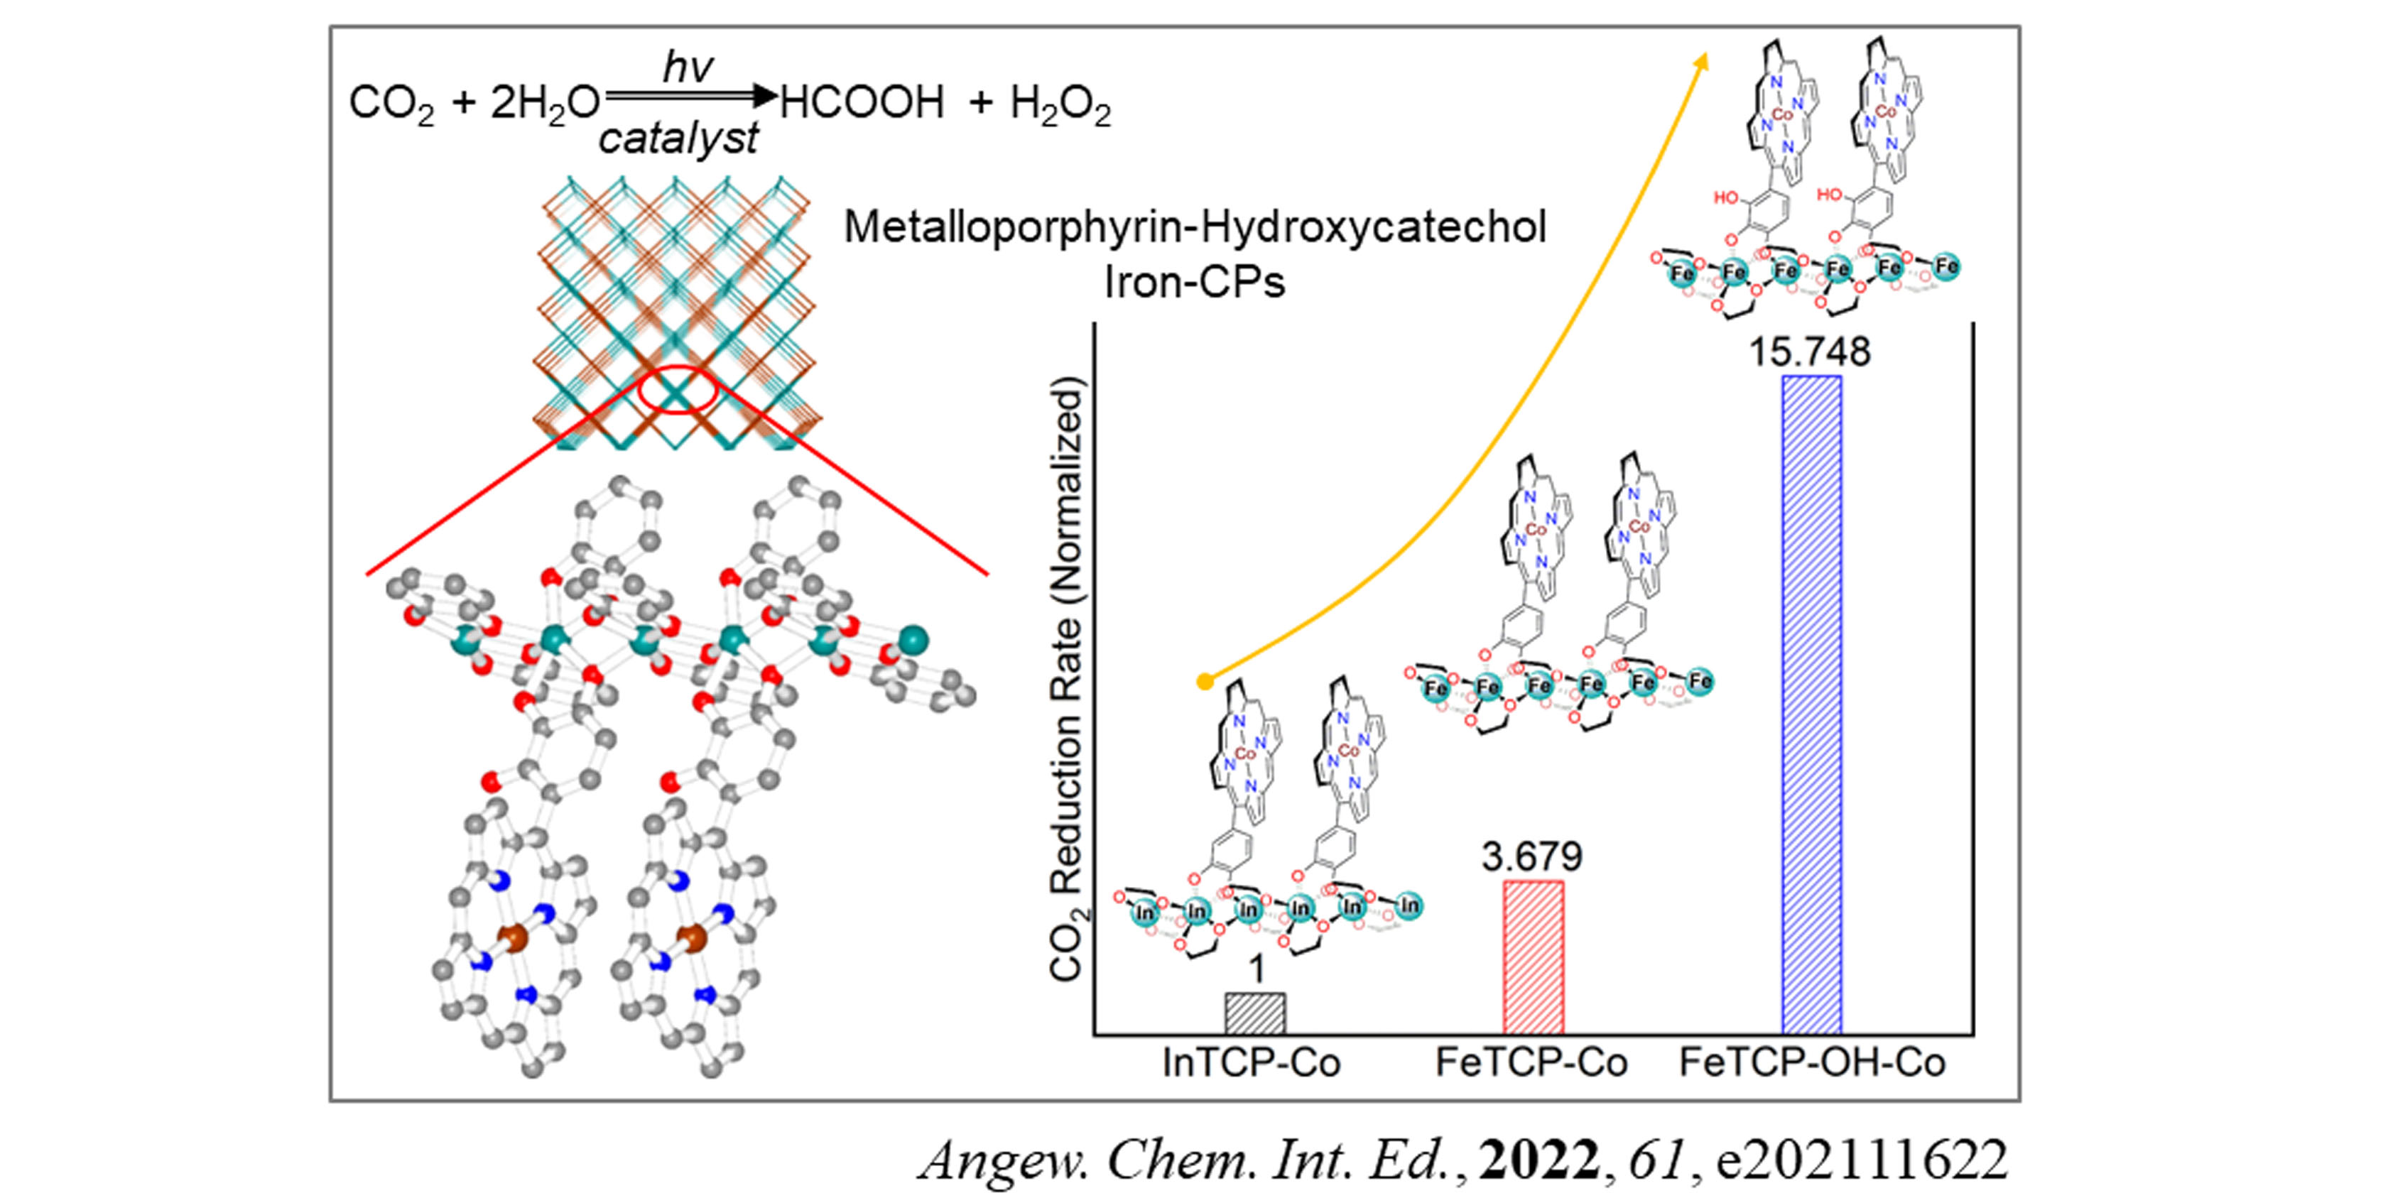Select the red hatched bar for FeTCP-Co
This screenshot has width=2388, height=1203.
1534,957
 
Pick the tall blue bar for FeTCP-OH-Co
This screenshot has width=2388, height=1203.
1811,704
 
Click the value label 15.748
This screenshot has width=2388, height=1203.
1810,352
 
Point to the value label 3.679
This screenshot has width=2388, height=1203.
1531,856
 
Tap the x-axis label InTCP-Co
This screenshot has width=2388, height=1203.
1252,1063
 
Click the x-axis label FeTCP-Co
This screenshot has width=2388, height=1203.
1531,1063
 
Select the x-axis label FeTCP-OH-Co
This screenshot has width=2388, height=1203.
1813,1063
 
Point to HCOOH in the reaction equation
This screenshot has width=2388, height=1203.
862,102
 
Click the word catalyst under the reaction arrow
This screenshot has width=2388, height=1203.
678,139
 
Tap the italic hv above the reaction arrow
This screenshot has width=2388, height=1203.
687,67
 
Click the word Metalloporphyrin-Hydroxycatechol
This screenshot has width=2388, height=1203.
1195,227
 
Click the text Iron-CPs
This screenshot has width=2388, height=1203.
1194,282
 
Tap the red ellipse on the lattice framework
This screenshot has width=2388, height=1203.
678,391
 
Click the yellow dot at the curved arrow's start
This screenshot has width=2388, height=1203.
1204,682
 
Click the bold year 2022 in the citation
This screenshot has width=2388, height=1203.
1539,1160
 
